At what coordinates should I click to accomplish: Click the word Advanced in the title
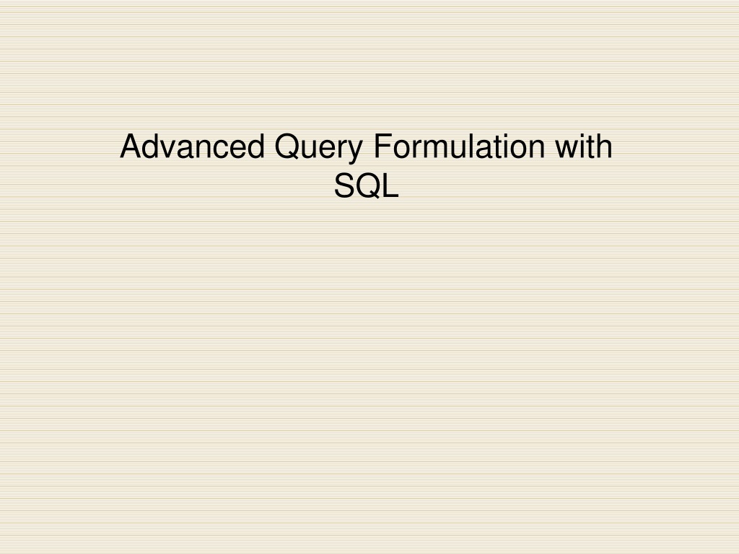[192, 146]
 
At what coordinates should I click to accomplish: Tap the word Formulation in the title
[459, 146]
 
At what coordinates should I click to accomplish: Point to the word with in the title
[583, 146]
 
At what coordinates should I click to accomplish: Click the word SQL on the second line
[366, 185]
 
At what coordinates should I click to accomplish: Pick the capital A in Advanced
[131, 146]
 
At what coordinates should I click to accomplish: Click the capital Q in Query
[287, 147]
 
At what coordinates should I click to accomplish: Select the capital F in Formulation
[383, 146]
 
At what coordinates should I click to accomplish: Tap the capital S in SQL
[345, 185]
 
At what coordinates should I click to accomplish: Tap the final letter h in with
[605, 146]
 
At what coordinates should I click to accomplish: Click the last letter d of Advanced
[257, 146]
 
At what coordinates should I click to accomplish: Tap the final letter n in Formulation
[537, 149]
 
